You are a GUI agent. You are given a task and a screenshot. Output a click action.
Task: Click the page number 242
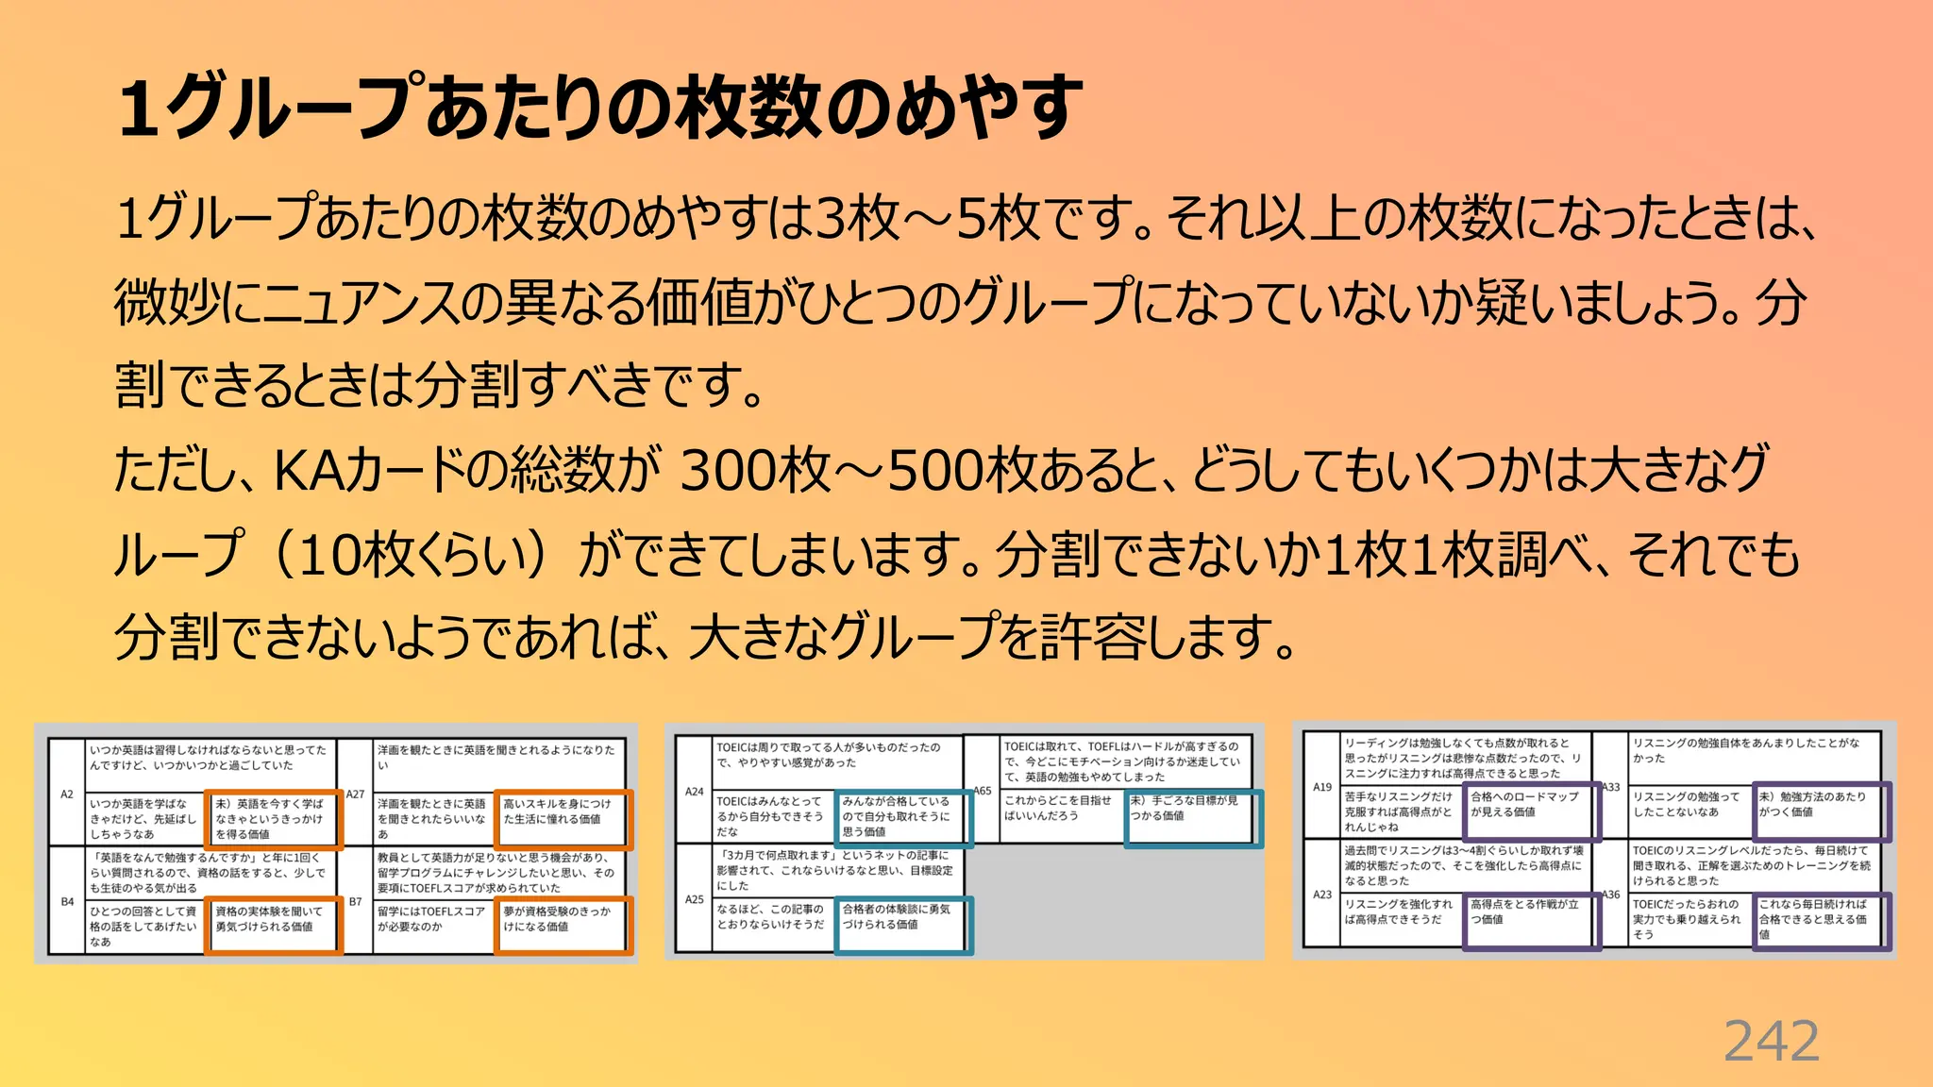pos(1771,1042)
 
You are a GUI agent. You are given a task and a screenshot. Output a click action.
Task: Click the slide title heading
pos(600,107)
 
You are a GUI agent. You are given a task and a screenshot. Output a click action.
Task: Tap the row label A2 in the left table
pos(67,794)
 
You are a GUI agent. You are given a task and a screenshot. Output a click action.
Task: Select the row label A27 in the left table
pos(355,794)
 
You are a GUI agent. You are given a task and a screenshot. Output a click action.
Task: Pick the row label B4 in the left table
pos(67,902)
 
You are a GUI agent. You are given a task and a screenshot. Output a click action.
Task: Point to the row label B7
pos(355,902)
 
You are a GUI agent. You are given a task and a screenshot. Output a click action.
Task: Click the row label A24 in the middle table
pos(695,792)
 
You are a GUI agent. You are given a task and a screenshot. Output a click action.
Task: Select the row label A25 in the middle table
pos(695,899)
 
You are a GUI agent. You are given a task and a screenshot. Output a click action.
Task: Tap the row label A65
pos(983,792)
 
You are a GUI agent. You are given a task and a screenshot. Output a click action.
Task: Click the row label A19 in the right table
pos(1322,787)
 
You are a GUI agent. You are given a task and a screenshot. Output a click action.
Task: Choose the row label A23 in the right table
pos(1322,895)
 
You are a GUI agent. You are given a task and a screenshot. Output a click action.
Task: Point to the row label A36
pos(1610,895)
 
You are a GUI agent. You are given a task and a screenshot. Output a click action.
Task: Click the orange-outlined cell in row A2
pos(273,819)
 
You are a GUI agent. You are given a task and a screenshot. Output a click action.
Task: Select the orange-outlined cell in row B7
pos(563,925)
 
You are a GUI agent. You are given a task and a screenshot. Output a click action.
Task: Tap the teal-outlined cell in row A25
pos(902,925)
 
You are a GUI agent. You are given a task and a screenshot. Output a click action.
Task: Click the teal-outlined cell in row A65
pos(1191,817)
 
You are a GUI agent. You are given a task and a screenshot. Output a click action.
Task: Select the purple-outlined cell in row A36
pos(1820,919)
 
